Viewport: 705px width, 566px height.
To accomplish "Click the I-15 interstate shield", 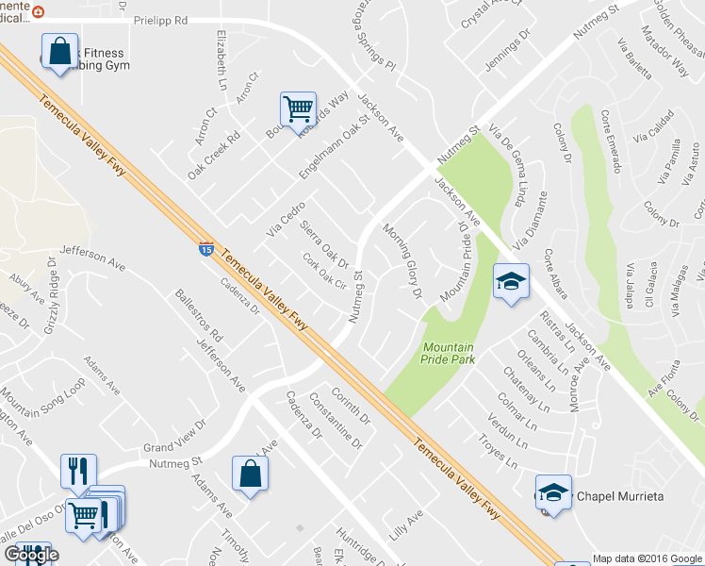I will tap(205, 249).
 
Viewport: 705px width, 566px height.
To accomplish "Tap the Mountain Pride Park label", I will tap(449, 352).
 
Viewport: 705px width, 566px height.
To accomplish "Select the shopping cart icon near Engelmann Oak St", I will tap(299, 109).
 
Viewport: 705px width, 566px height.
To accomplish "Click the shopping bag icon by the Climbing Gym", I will tap(58, 51).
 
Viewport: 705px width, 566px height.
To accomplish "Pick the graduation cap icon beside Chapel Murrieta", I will tap(554, 492).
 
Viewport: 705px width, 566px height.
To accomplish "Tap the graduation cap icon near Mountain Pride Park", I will tap(510, 281).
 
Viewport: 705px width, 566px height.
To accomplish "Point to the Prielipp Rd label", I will tap(161, 20).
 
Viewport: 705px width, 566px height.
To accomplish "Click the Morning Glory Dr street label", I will tap(402, 261).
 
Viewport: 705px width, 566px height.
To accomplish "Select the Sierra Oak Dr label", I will tap(324, 243).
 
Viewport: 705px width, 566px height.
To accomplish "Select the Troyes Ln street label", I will tap(498, 444).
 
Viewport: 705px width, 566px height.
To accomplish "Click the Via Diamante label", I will tap(526, 223).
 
